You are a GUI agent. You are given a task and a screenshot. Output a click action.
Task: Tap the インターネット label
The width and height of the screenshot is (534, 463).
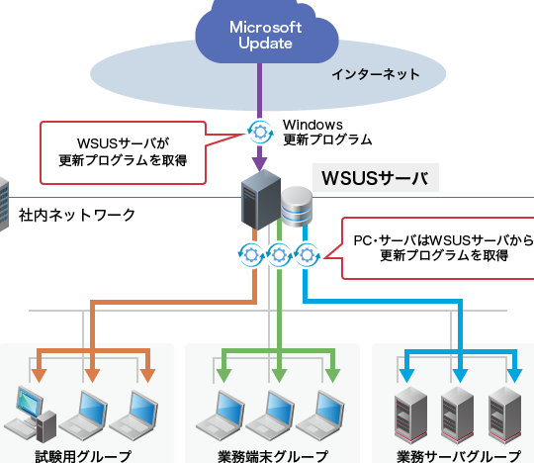pos(375,74)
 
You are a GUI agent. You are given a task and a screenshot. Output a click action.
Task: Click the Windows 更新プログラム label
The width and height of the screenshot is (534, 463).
pos(326,132)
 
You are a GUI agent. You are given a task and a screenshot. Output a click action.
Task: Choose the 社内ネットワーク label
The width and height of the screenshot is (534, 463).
pos(77,215)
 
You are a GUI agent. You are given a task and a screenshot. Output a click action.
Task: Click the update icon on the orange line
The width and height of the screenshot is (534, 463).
pos(250,254)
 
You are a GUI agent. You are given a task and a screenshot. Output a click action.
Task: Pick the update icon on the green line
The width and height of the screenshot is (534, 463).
pos(279,254)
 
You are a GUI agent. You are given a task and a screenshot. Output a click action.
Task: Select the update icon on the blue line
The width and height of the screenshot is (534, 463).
pos(307,254)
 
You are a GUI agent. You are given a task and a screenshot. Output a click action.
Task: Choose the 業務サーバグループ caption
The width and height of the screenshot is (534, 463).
pos(458,455)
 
